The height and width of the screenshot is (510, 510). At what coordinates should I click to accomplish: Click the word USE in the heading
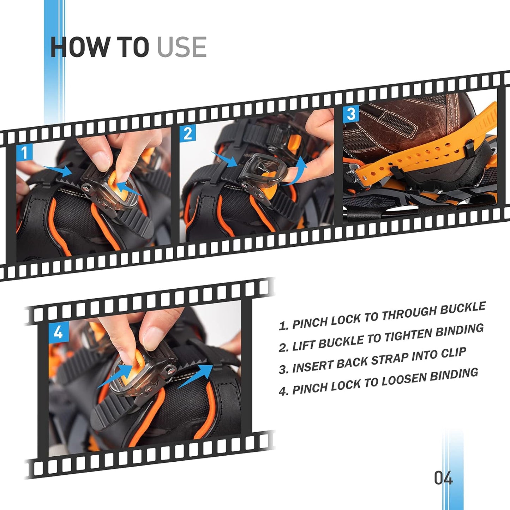(181, 47)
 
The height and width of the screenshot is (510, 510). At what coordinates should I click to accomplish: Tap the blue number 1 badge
(24, 153)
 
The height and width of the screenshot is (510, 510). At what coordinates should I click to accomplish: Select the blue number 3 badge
(351, 114)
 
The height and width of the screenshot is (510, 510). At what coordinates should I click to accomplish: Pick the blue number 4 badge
(58, 333)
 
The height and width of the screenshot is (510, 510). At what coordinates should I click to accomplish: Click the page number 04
(443, 479)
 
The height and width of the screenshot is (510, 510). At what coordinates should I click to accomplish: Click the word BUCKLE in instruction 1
(463, 308)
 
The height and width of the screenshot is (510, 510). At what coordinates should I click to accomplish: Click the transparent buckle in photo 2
(263, 169)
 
